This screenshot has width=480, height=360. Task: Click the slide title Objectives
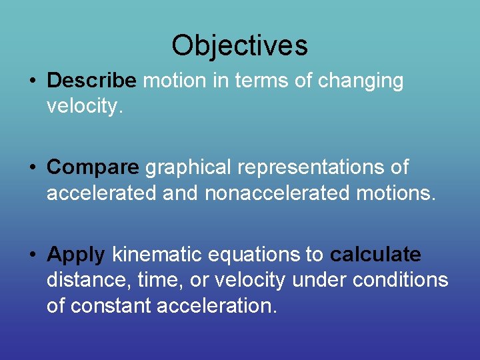[x=239, y=45]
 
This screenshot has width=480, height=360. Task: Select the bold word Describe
[x=91, y=81]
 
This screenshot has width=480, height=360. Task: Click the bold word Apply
[x=76, y=255]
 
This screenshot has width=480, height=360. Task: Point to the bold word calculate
[x=375, y=255]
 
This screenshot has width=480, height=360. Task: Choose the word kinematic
[x=156, y=255]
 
